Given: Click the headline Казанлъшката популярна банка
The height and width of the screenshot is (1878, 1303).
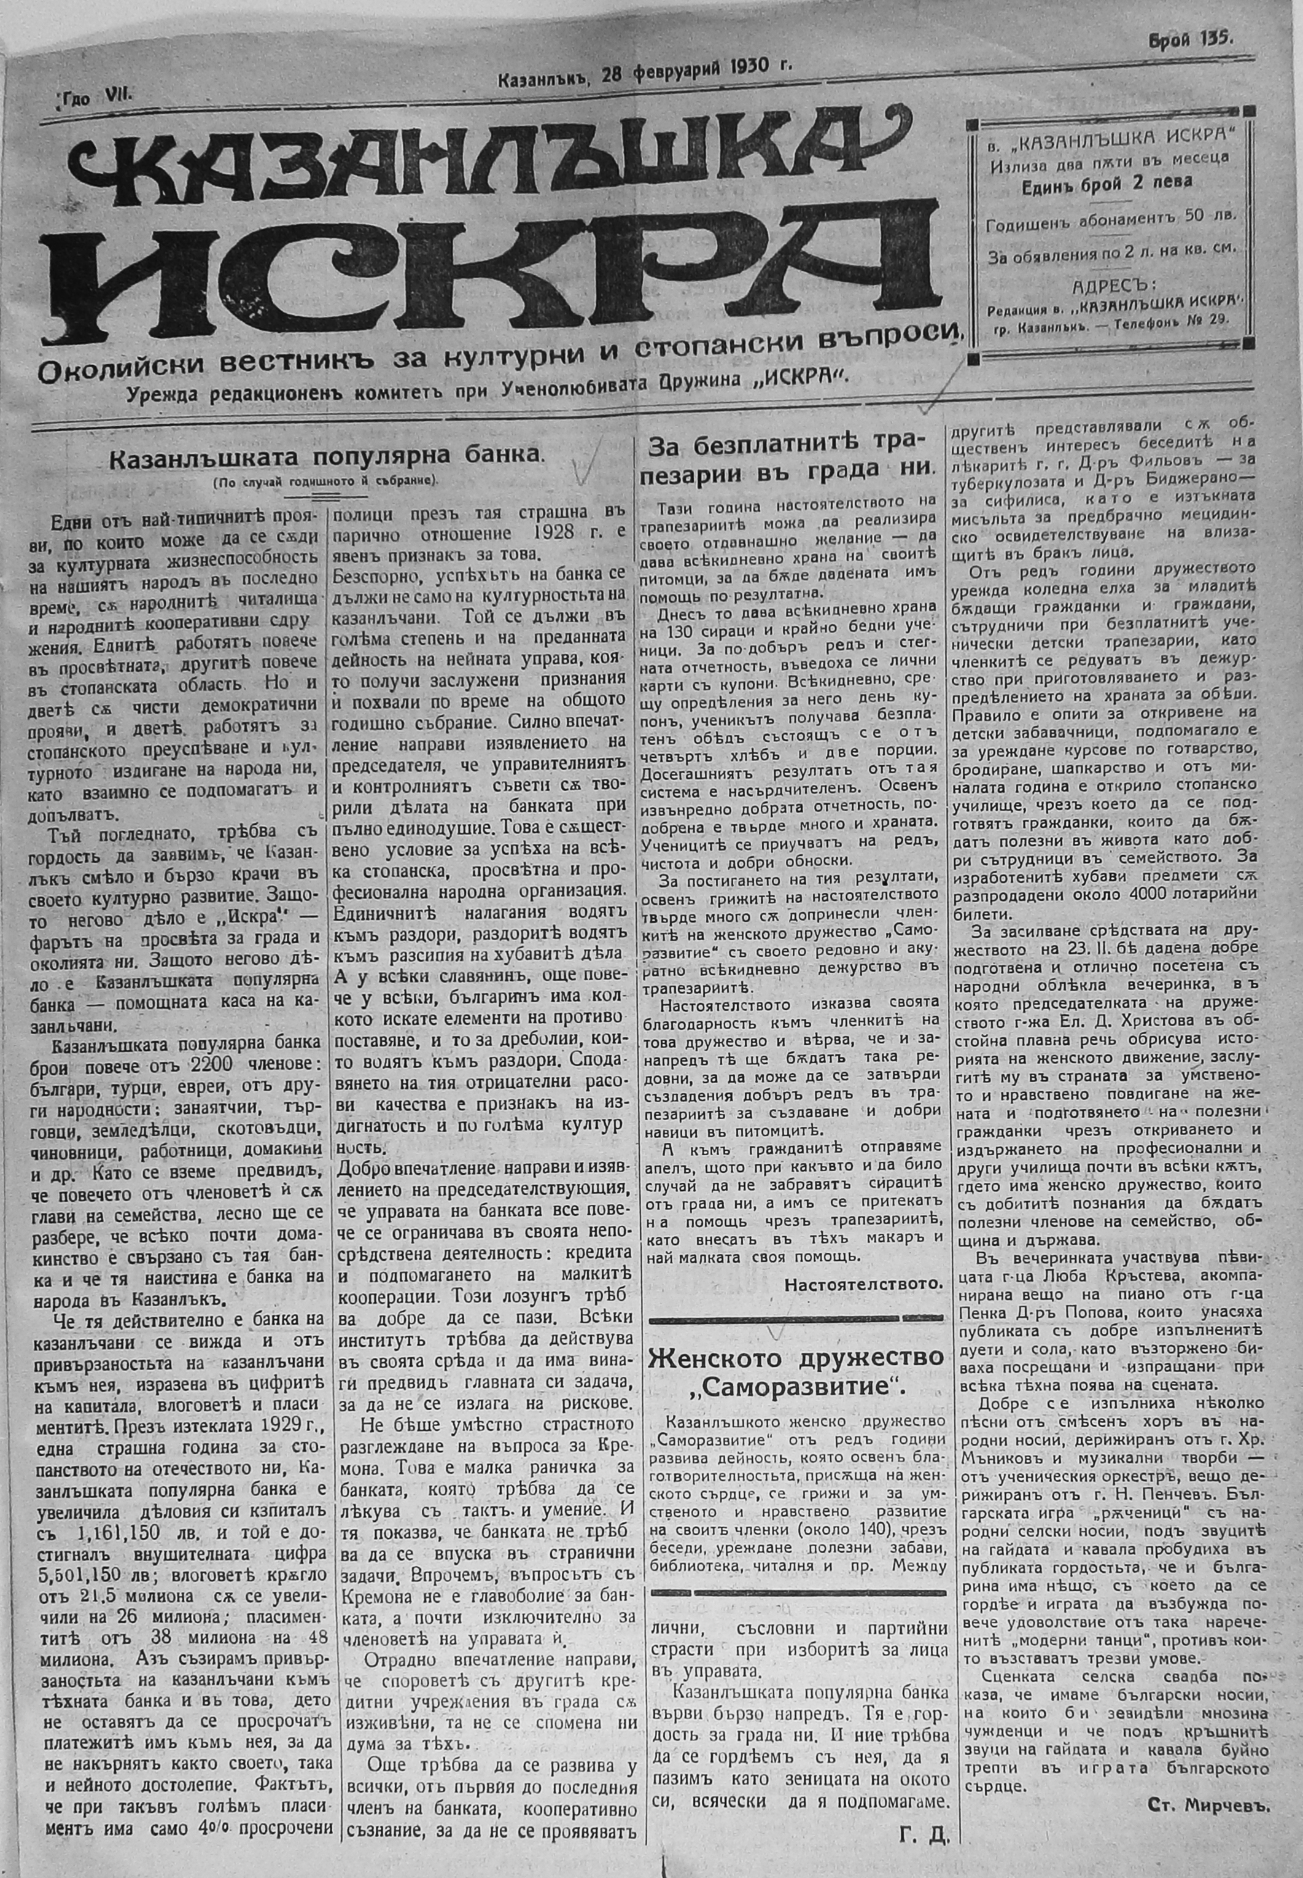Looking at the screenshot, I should pyautogui.click(x=327, y=458).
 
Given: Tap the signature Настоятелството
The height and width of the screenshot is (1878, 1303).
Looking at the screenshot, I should pyautogui.click(x=863, y=1284).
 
